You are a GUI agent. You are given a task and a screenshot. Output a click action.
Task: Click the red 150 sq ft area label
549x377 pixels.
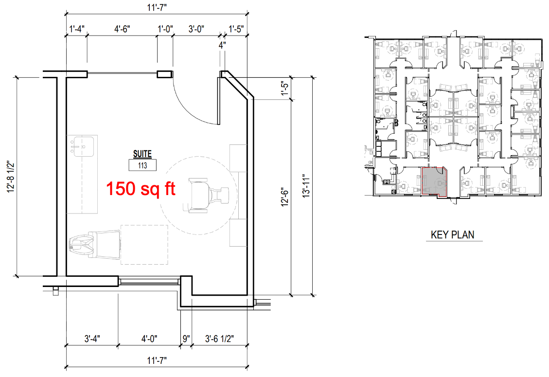[x=141, y=189]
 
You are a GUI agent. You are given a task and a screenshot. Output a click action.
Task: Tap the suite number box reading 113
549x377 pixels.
[x=142, y=165]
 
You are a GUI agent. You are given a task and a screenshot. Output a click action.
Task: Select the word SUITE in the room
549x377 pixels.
[x=142, y=154]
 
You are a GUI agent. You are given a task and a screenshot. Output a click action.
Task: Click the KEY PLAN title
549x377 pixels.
[x=453, y=234]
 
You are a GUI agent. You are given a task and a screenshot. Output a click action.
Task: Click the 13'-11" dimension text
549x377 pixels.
[x=306, y=186]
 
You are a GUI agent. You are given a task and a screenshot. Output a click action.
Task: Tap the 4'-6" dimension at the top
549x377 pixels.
[x=122, y=29]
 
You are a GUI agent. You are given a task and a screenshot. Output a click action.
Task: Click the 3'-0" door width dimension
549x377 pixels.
[x=196, y=29]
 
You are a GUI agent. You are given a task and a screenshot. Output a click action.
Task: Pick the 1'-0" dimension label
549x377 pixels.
[x=165, y=29]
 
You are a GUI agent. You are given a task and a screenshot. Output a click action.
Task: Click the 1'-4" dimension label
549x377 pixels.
[x=77, y=29]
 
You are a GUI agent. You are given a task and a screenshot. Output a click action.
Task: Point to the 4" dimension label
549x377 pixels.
[x=222, y=45]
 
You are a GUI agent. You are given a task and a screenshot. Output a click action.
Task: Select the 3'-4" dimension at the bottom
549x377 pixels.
[x=92, y=339]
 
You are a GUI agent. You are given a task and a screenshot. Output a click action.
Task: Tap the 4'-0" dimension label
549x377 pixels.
[x=149, y=339]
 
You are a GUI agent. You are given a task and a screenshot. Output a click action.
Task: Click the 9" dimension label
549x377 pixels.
[x=186, y=339]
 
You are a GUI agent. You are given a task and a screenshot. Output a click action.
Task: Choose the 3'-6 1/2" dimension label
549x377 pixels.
[x=219, y=339]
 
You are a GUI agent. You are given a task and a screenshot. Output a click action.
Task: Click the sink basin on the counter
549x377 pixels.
[x=83, y=146]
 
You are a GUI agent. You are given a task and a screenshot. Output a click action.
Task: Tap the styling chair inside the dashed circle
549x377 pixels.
[x=208, y=195]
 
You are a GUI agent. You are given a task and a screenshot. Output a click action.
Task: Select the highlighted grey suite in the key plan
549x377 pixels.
[x=434, y=181]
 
